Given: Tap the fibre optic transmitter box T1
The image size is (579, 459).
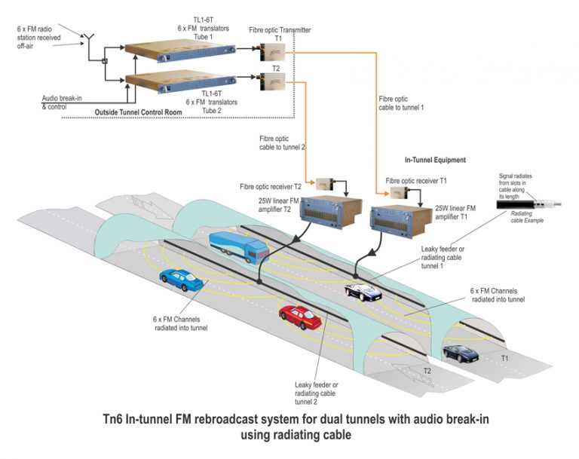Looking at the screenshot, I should point(269,50).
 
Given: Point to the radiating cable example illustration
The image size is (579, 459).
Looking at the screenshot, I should point(524,203).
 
